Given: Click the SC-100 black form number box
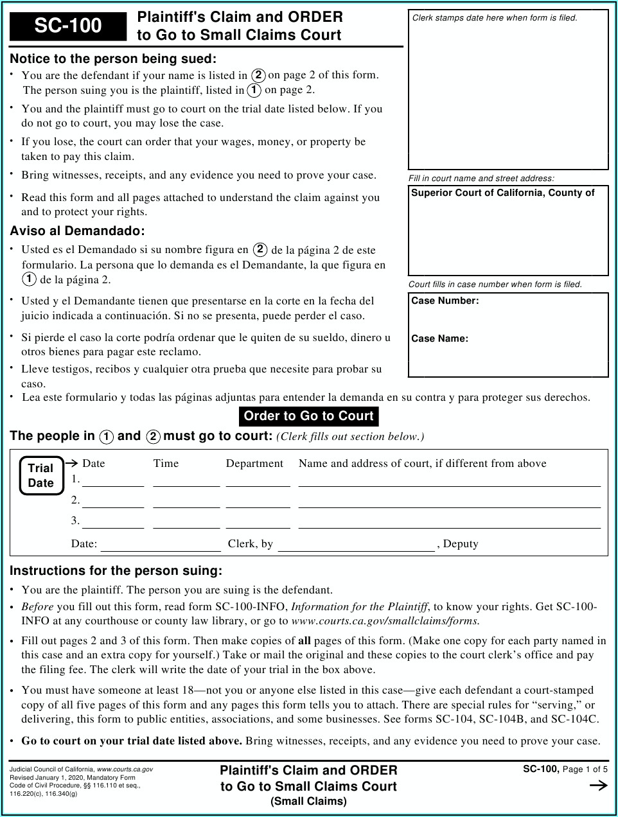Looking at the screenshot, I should pyautogui.click(x=68, y=26).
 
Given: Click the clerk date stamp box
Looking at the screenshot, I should pyautogui.click(x=508, y=90).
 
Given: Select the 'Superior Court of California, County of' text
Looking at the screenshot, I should pyautogui.click(x=502, y=193).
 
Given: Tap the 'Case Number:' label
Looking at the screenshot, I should pyautogui.click(x=445, y=301).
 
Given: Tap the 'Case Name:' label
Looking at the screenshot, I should pyautogui.click(x=439, y=338).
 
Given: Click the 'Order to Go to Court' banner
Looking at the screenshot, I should pyautogui.click(x=308, y=416).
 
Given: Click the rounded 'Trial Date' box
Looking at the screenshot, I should pyautogui.click(x=41, y=475).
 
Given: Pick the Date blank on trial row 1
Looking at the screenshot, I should pyautogui.click(x=113, y=482).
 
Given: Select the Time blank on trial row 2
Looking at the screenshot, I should pyautogui.click(x=186, y=502).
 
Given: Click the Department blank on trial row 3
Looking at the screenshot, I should pyautogui.click(x=258, y=523).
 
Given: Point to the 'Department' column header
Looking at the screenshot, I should pyautogui.click(x=254, y=464).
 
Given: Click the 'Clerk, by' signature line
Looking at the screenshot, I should pyautogui.click(x=356, y=546).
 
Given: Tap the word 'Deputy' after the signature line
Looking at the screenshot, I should pyautogui.click(x=461, y=544).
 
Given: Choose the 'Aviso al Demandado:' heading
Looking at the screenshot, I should pyautogui.click(x=77, y=231).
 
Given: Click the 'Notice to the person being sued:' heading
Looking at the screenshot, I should pyautogui.click(x=113, y=59).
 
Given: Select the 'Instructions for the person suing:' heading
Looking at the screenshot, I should pyautogui.click(x=116, y=571).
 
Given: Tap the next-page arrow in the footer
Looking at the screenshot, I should pyautogui.click(x=598, y=785).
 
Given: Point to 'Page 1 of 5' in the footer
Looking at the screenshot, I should pyautogui.click(x=585, y=769).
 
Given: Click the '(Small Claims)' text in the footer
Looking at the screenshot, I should pyautogui.click(x=308, y=802).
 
